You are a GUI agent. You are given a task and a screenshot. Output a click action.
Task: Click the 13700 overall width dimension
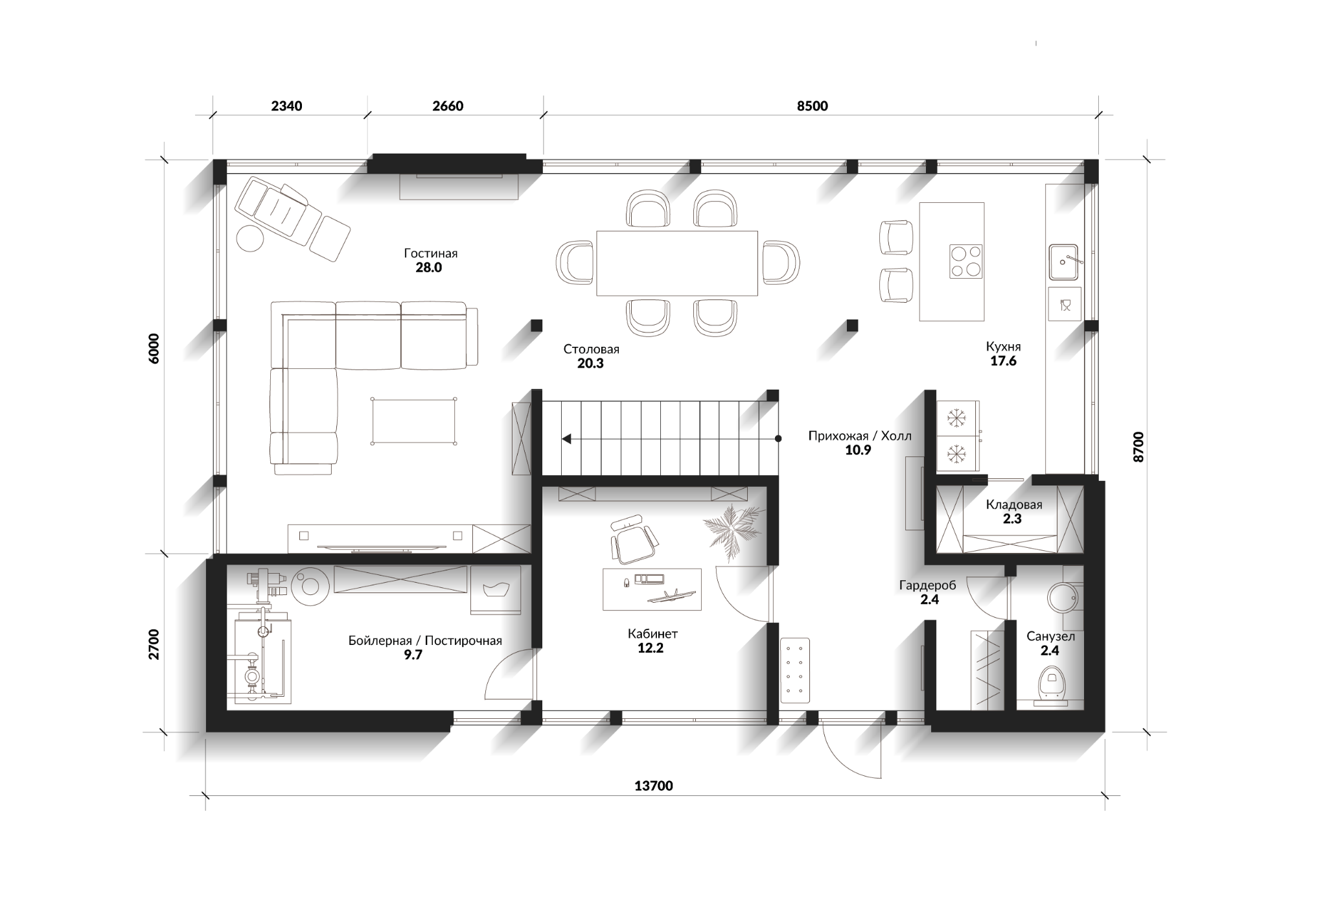(x=653, y=786)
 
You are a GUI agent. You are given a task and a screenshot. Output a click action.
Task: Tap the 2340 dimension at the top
(x=286, y=106)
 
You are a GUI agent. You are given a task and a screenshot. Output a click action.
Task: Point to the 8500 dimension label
(x=812, y=106)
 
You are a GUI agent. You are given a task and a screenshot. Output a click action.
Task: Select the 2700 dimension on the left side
(x=154, y=644)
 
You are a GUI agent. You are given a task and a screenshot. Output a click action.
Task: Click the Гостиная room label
(x=430, y=253)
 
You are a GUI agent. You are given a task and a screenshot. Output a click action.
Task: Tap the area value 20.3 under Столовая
(x=590, y=364)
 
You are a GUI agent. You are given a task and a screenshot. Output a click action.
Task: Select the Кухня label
(x=1003, y=347)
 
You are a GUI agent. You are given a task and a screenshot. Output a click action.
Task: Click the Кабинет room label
(x=652, y=633)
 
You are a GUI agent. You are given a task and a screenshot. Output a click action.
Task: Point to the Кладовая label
(x=1014, y=504)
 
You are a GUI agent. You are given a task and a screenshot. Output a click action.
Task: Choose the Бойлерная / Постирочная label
(x=425, y=641)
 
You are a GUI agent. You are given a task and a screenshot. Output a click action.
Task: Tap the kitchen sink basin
(x=1063, y=261)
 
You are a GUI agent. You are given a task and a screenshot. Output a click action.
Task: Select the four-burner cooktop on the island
(x=965, y=261)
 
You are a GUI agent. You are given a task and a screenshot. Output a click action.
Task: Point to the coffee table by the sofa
(x=413, y=421)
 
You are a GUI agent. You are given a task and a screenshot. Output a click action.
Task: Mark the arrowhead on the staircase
(x=566, y=439)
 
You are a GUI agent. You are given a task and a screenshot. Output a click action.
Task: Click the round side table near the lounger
(x=250, y=238)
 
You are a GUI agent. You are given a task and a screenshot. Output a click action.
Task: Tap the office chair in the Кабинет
(x=632, y=539)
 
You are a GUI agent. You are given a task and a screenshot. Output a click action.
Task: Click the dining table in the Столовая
(x=677, y=263)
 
